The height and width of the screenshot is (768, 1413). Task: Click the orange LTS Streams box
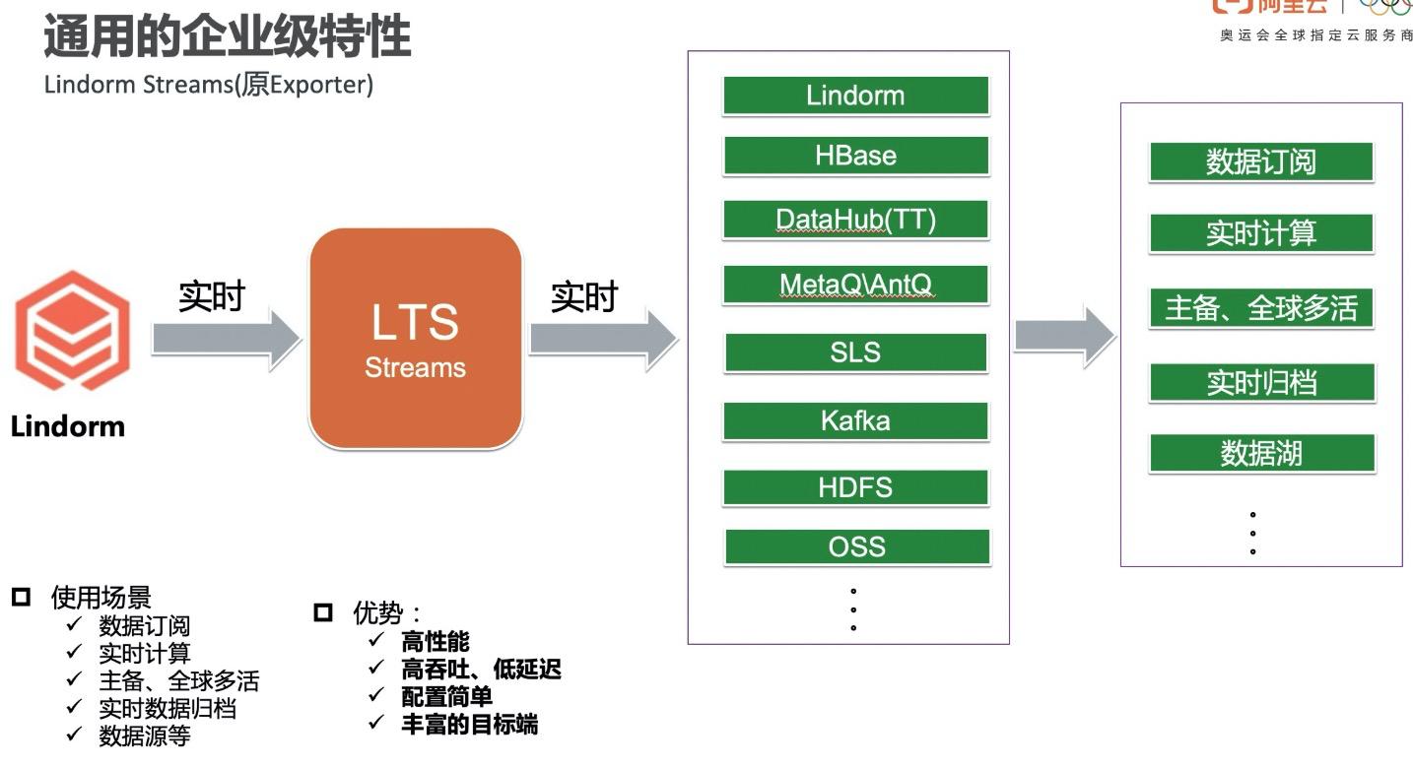pos(415,338)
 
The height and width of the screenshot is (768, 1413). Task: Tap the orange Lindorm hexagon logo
pos(71,331)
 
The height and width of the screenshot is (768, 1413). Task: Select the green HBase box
pos(855,156)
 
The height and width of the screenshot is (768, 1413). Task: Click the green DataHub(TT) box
pos(855,220)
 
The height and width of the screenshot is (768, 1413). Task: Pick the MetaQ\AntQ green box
pos(855,285)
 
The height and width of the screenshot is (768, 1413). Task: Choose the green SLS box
pos(855,352)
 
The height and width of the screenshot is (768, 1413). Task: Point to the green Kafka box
pos(855,420)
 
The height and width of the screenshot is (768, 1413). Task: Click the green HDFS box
pos(855,487)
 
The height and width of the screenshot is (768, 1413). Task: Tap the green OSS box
pos(856,546)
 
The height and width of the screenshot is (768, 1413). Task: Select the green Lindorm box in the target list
pos(855,96)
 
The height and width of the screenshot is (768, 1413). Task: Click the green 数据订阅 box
pos(1260,161)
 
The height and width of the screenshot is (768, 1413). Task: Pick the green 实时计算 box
pos(1260,233)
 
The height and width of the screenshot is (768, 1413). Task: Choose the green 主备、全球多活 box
pos(1260,308)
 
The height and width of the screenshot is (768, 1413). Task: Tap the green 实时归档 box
pos(1261,382)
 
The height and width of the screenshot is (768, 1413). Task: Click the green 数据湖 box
pos(1261,453)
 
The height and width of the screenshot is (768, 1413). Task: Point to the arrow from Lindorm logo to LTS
pos(226,339)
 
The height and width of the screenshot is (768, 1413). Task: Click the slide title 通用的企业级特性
pos(227,36)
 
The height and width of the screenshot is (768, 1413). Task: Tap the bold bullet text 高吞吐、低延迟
pos(481,671)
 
